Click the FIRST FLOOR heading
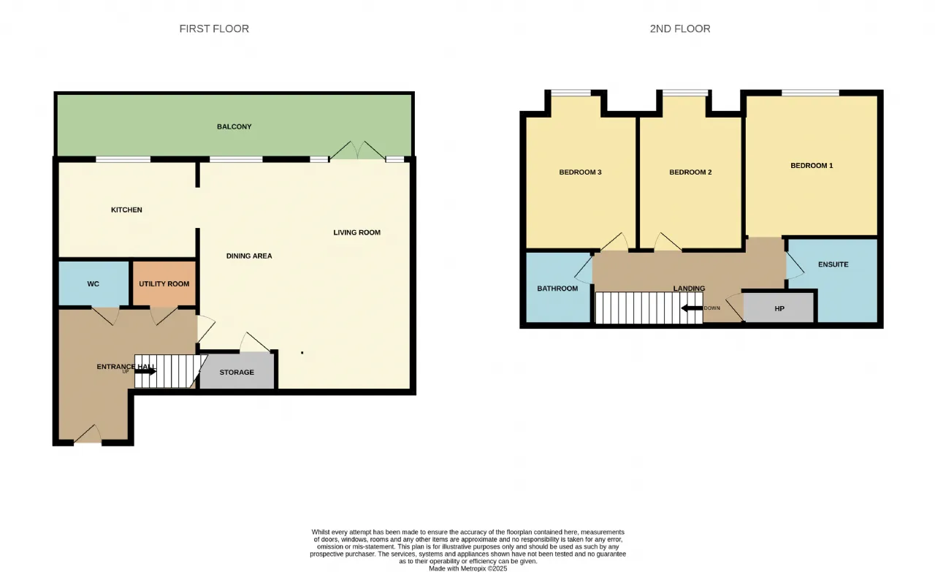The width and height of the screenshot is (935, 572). click(x=214, y=28)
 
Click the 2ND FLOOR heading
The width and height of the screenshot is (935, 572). click(x=680, y=28)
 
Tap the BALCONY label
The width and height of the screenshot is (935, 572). click(x=234, y=126)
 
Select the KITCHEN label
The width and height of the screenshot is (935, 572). click(x=126, y=210)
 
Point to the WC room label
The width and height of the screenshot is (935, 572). click(x=93, y=284)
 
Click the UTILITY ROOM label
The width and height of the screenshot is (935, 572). click(x=164, y=284)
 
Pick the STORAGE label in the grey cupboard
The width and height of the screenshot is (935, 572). click(x=237, y=372)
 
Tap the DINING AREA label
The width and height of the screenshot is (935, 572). click(x=249, y=256)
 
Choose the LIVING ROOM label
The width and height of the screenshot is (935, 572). click(x=357, y=232)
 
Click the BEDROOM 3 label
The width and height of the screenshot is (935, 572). click(x=580, y=172)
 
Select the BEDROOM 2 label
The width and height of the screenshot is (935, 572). click(x=690, y=172)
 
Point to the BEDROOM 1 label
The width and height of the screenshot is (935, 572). click(x=812, y=165)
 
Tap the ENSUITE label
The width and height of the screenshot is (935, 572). click(x=833, y=264)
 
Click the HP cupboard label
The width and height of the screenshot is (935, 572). click(x=779, y=308)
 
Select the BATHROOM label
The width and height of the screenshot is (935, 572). click(x=557, y=289)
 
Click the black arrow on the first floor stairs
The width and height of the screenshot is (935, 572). click(x=145, y=371)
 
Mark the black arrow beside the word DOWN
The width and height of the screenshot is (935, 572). click(x=692, y=308)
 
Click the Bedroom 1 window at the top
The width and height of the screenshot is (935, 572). click(x=810, y=93)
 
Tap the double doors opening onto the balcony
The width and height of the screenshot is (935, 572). click(x=358, y=150)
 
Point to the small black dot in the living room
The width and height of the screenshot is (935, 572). click(x=302, y=353)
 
